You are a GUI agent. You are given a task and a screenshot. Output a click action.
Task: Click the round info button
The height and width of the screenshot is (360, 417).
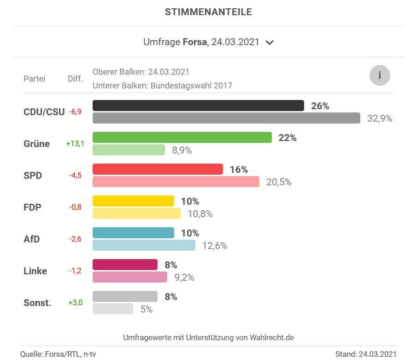pyautogui.click(x=380, y=76)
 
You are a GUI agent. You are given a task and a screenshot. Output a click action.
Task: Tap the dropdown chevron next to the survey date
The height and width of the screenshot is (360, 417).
pyautogui.click(x=270, y=42)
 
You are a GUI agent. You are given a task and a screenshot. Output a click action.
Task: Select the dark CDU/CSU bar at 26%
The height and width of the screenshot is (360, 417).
pyautogui.click(x=198, y=106)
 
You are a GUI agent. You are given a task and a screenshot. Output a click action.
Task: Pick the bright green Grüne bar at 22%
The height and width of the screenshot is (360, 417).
pyautogui.click(x=182, y=137)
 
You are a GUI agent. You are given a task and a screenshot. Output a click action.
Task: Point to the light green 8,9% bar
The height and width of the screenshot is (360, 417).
pyautogui.click(x=129, y=150)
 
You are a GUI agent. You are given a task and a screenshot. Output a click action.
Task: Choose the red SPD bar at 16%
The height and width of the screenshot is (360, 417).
pyautogui.click(x=158, y=169)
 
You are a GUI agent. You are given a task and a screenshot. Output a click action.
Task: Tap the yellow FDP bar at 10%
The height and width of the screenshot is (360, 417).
pyautogui.click(x=133, y=201)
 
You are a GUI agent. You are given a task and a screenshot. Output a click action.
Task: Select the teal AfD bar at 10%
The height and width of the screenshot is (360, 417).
pyautogui.click(x=133, y=233)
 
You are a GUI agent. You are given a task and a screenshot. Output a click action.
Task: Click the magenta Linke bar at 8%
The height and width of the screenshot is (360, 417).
pyautogui.click(x=125, y=265)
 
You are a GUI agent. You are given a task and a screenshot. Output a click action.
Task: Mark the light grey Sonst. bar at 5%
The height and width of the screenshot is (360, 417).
pyautogui.click(x=112, y=309)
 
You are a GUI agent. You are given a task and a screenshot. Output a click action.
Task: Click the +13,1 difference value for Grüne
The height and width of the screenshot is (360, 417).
pyautogui.click(x=75, y=143)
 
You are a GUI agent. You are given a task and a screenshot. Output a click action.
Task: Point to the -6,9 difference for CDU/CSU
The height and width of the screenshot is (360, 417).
pyautogui.click(x=75, y=112)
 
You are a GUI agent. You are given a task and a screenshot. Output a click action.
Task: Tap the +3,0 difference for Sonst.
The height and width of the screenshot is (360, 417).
pyautogui.click(x=75, y=303)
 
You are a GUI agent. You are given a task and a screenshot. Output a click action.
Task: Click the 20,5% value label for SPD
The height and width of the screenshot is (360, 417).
pyautogui.click(x=279, y=182)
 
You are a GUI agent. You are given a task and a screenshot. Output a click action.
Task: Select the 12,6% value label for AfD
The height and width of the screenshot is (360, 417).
pyautogui.click(x=215, y=246)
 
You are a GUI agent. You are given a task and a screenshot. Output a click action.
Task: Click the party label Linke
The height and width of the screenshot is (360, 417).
pyautogui.click(x=35, y=271)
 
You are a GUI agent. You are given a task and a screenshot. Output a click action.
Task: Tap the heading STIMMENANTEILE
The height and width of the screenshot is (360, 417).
pyautogui.click(x=208, y=12)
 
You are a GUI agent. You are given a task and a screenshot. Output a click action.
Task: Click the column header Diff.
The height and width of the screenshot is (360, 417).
pyautogui.click(x=75, y=79)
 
